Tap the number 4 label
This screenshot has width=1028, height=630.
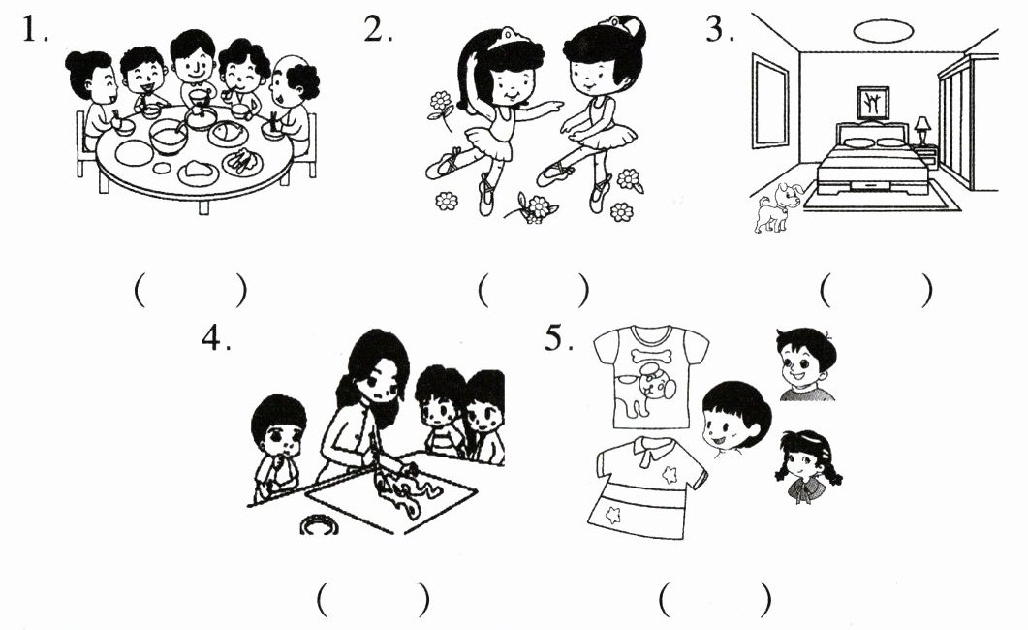216,338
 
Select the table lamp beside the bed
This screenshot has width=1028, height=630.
922,131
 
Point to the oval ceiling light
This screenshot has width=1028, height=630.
884,30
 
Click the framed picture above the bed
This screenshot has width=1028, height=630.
873,103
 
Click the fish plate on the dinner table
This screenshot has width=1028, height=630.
228,133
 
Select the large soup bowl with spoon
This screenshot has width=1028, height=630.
170,136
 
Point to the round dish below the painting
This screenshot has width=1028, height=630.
319,524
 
